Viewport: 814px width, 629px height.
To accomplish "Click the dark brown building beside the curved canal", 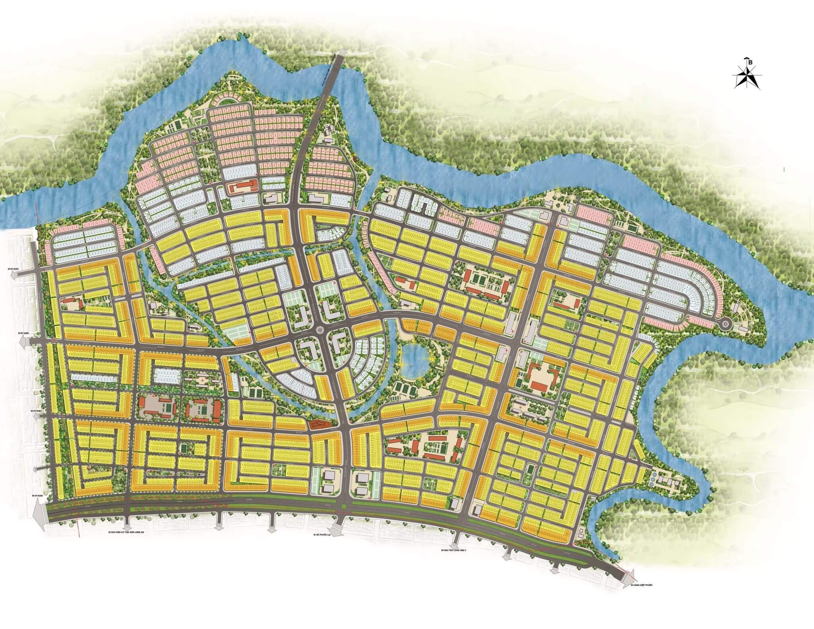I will (318, 425).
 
